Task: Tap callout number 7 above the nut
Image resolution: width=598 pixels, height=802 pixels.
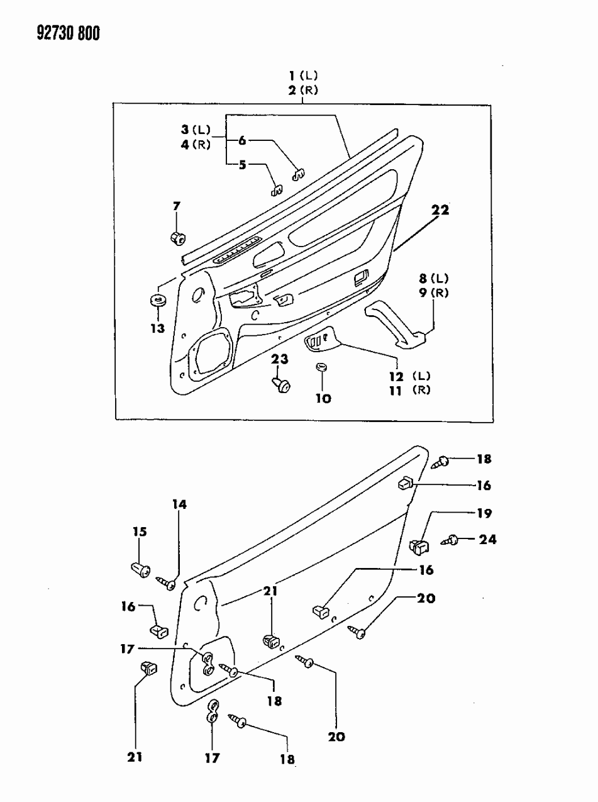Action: (177, 206)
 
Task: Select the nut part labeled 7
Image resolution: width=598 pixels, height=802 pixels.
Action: (177, 238)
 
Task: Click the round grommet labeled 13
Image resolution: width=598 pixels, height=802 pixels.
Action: (157, 299)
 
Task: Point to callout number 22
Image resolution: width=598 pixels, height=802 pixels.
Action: (440, 211)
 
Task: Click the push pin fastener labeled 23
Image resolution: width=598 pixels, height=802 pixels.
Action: (281, 383)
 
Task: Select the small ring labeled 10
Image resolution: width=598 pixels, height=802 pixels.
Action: (321, 367)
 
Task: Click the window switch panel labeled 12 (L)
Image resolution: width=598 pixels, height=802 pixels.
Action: (322, 341)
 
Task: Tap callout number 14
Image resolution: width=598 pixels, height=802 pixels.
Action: (179, 504)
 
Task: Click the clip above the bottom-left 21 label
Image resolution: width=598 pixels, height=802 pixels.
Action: (148, 669)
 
